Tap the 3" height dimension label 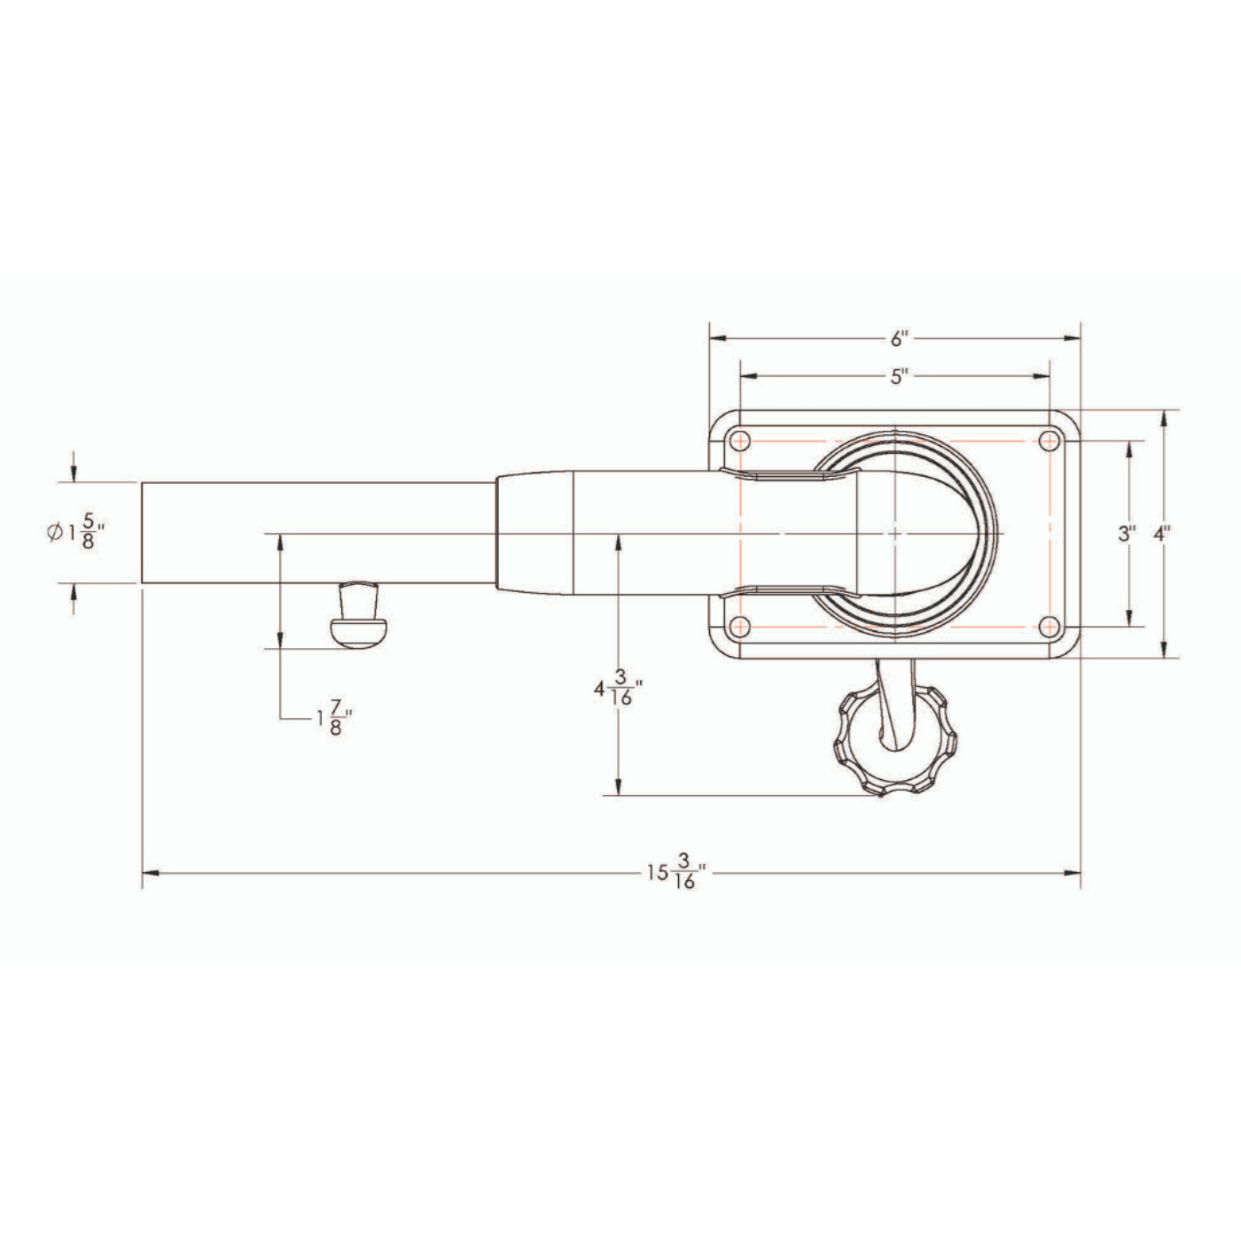pos(1127,534)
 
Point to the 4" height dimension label pos(1162,534)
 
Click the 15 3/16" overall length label pos(677,871)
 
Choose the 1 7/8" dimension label pos(334,718)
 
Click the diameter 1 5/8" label pos(76,532)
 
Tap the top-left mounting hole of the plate pos(740,441)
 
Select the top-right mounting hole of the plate pos(1050,441)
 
